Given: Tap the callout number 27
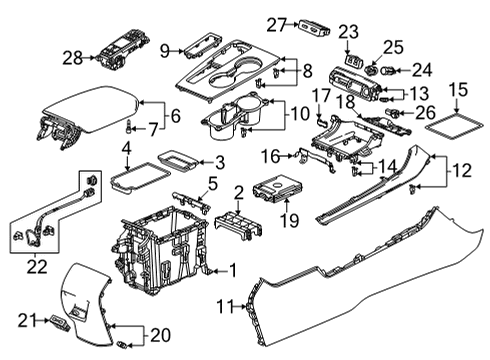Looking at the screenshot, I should [276, 24].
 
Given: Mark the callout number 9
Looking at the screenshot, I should [166, 48].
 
